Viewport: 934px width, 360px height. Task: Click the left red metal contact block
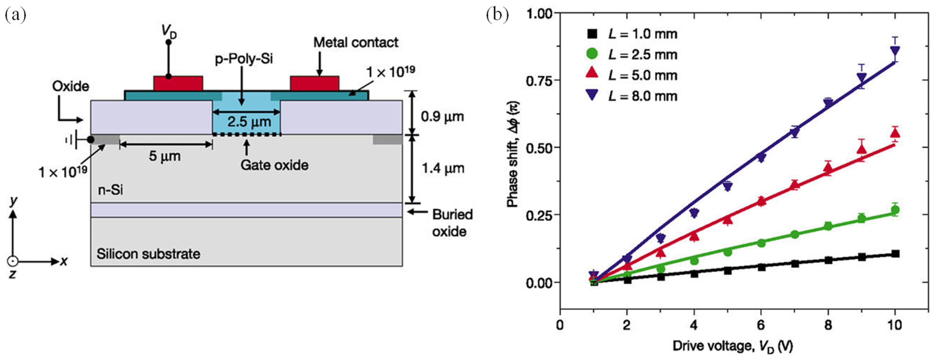point(178,83)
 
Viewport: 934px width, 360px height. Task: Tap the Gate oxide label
point(274,165)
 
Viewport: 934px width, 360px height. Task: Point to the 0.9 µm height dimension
point(442,117)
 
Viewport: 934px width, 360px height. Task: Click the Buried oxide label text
point(452,223)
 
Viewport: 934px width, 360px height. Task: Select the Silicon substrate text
point(148,254)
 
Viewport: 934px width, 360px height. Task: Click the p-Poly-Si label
point(244,59)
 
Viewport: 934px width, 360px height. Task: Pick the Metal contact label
point(356,43)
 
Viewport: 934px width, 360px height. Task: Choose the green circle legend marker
point(592,54)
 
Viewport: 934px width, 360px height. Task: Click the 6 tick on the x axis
point(761,325)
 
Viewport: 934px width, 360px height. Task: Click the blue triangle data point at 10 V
point(895,51)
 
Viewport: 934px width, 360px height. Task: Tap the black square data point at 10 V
point(895,254)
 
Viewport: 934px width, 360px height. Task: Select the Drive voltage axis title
point(733,346)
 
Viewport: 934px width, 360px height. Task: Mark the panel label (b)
point(497,15)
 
